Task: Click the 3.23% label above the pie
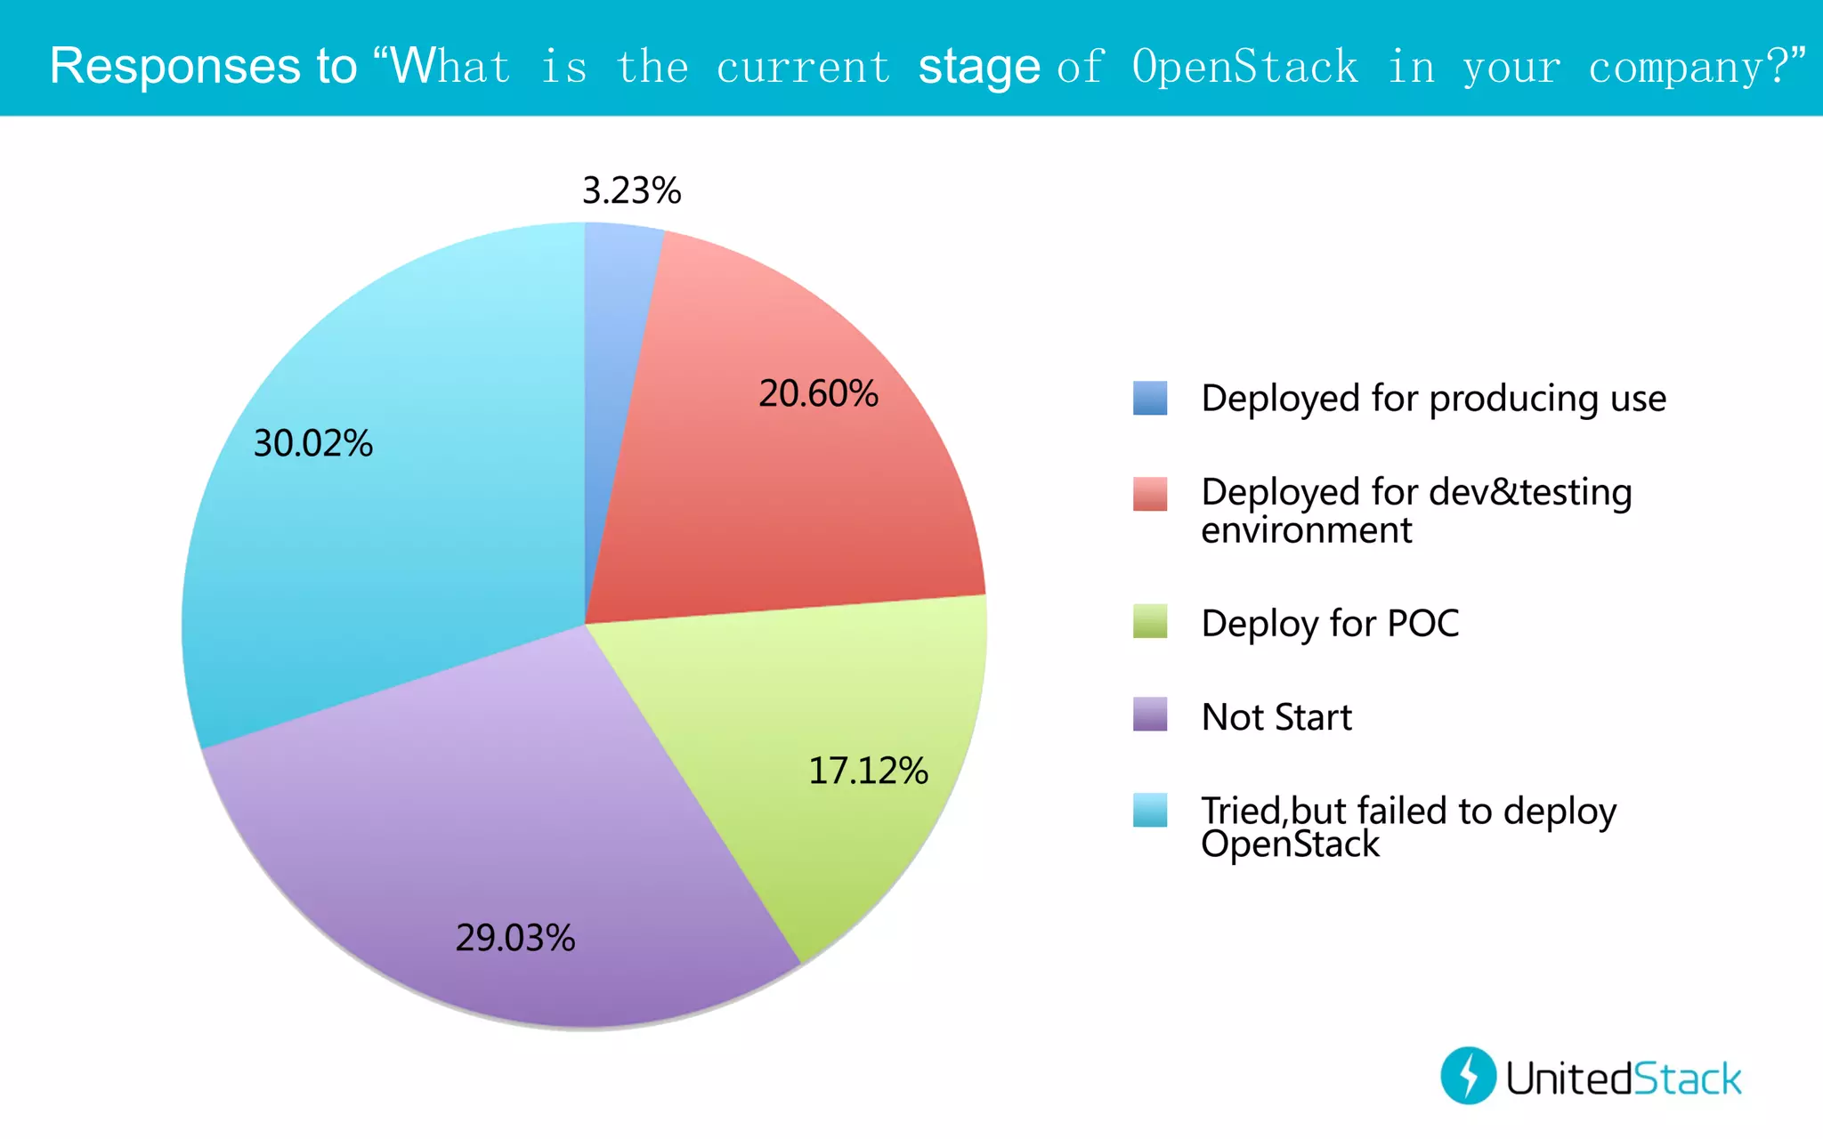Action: [x=631, y=190]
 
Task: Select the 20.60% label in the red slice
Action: [x=818, y=393]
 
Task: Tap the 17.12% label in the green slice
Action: [x=868, y=771]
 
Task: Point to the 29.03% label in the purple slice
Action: [x=515, y=938]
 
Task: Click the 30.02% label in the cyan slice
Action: [x=313, y=443]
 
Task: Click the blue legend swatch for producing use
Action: [x=1149, y=398]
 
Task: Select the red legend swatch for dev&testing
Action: [x=1149, y=494]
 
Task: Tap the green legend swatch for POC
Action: [x=1149, y=621]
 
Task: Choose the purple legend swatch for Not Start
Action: [x=1149, y=715]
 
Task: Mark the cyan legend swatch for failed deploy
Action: [x=1149, y=810]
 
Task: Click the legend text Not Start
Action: [x=1276, y=717]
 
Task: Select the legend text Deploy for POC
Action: [x=1330, y=624]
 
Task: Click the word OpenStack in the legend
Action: [x=1290, y=844]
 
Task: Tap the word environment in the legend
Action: [x=1306, y=531]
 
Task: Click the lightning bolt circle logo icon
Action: [x=1468, y=1075]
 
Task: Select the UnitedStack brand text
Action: [x=1623, y=1078]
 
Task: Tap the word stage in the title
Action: [x=978, y=68]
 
